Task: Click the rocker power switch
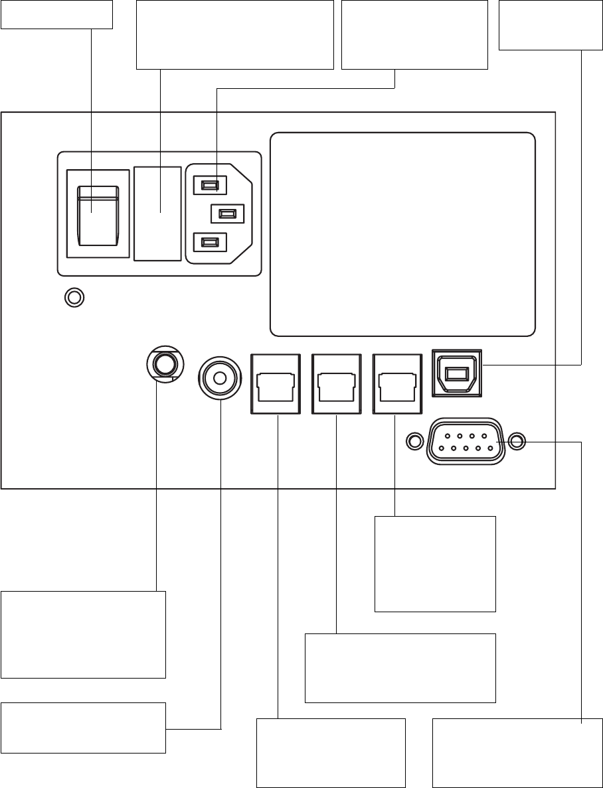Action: (x=98, y=212)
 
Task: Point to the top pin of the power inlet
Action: (x=209, y=184)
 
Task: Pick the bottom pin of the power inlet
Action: (x=209, y=243)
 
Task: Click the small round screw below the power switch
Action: (x=74, y=298)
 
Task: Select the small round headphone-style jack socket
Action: (x=163, y=364)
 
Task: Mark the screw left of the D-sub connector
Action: (x=414, y=440)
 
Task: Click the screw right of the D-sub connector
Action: (x=518, y=440)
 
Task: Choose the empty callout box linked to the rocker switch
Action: (x=56, y=14)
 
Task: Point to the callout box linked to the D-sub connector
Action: (x=511, y=752)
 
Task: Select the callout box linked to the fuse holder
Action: (x=234, y=34)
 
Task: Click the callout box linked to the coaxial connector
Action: (x=83, y=728)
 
